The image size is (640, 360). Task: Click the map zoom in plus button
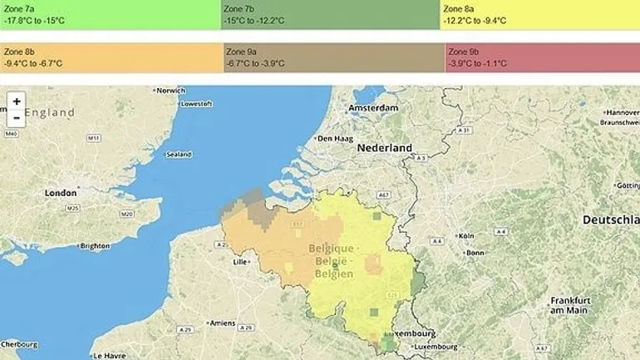(x=17, y=101)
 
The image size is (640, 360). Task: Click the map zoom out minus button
(x=17, y=118)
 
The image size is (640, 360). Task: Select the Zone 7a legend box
(x=111, y=14)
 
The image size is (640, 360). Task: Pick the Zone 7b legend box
(x=330, y=14)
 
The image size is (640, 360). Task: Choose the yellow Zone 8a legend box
(x=539, y=14)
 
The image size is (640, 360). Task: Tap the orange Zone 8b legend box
(x=111, y=57)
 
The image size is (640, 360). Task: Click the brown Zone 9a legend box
(x=333, y=57)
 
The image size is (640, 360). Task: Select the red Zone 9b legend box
(x=542, y=57)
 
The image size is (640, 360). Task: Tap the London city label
(x=61, y=193)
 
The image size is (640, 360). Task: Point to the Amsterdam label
(x=370, y=109)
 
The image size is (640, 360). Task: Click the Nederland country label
(x=385, y=148)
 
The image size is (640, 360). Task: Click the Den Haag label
(x=337, y=138)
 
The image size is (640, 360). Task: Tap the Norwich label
(x=170, y=90)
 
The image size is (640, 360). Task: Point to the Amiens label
(x=223, y=323)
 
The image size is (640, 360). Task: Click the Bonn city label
(x=475, y=253)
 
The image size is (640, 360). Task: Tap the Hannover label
(x=623, y=112)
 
